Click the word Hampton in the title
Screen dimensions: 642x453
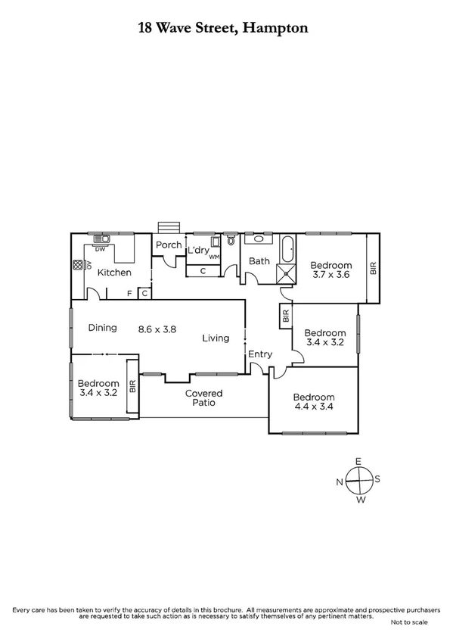[x=274, y=29]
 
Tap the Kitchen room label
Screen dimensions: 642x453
[x=114, y=273]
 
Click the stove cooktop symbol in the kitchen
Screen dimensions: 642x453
[x=77, y=266]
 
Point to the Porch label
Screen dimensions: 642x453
[x=168, y=245]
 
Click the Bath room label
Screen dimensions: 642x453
[x=259, y=261]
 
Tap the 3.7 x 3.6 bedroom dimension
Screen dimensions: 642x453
[x=330, y=276]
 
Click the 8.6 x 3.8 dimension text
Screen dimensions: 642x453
[x=157, y=329]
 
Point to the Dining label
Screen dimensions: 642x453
[x=102, y=328]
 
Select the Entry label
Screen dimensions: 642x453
[x=260, y=354]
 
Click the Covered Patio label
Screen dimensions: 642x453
[x=204, y=398]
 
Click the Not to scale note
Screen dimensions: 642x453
[x=408, y=622]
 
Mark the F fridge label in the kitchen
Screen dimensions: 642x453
[x=129, y=293]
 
